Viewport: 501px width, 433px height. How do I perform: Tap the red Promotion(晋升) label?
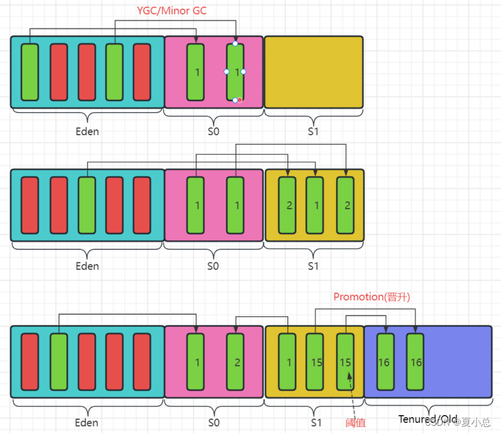[372, 296]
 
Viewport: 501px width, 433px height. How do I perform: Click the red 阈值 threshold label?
[355, 422]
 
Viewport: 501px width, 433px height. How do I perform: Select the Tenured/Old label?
[427, 419]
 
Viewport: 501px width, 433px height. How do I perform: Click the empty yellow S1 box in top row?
[314, 72]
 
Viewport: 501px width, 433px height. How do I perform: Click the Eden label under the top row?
[87, 131]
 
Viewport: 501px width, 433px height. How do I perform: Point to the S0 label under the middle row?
[212, 266]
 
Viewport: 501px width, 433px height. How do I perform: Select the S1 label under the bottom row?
[313, 422]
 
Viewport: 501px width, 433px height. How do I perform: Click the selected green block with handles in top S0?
[236, 72]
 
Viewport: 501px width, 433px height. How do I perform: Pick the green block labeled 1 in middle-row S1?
[315, 205]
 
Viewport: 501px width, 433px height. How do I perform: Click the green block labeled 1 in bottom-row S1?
[287, 362]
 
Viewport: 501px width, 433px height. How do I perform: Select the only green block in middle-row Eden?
[87, 205]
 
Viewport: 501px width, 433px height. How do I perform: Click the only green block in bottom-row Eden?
[59, 362]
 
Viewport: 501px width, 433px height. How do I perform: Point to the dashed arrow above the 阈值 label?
[350, 395]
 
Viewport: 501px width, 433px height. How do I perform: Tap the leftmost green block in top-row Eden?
[30, 72]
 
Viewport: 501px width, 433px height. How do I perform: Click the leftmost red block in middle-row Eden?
[30, 205]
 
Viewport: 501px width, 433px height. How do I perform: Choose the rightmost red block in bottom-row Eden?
[142, 362]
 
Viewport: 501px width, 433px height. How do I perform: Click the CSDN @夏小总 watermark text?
[458, 422]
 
